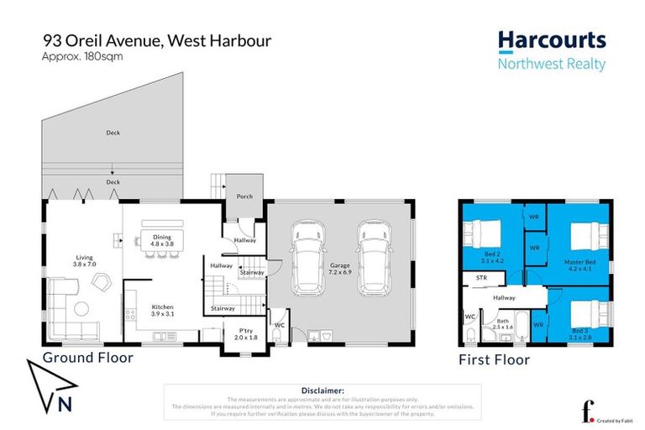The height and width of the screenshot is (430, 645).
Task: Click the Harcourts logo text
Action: [x=551, y=39]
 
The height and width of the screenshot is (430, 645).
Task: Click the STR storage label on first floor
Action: [x=481, y=276]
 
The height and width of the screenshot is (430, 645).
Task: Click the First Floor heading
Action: [x=495, y=359]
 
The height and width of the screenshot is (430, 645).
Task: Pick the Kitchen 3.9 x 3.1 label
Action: [x=162, y=312]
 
